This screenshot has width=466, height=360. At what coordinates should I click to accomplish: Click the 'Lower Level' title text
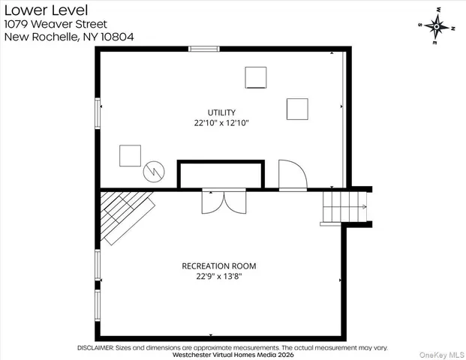click(44, 10)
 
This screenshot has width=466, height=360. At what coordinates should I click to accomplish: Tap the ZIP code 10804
click(115, 37)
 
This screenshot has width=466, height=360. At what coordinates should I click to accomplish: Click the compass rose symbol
click(436, 25)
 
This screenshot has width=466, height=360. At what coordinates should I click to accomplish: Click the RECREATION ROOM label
click(219, 265)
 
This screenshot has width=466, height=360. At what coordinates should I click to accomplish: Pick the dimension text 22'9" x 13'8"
click(219, 276)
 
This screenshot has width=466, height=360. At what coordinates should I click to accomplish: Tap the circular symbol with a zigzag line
click(154, 170)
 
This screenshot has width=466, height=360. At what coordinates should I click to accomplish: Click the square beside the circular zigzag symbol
click(130, 155)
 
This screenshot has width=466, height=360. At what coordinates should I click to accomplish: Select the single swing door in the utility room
click(291, 175)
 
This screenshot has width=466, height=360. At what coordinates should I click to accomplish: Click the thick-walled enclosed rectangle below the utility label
click(221, 174)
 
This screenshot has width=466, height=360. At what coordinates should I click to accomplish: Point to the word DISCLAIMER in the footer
click(95, 348)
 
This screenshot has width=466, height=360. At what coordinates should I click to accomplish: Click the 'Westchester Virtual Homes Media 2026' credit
click(233, 355)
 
